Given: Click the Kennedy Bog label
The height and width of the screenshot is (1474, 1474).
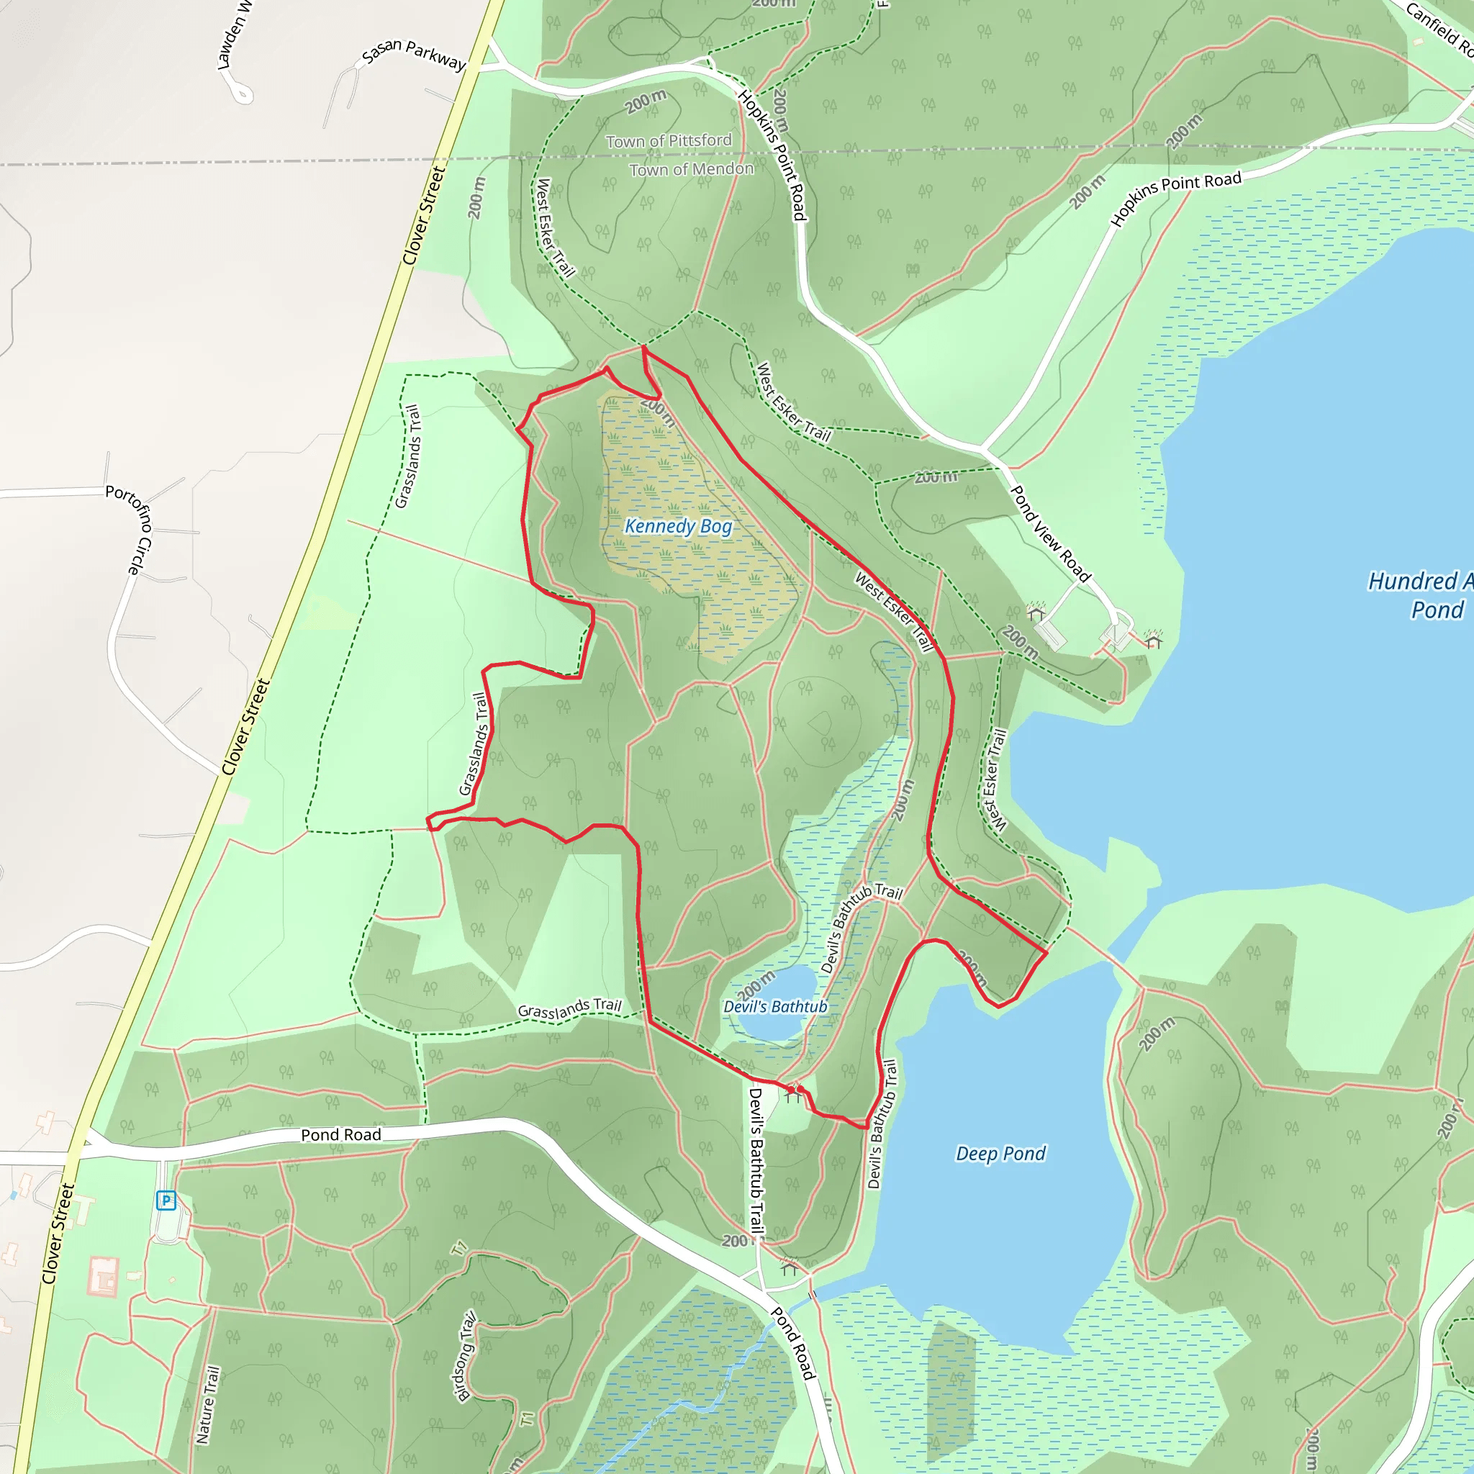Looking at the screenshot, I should (x=678, y=526).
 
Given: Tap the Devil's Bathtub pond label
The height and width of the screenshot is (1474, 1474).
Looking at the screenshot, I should (x=775, y=1007).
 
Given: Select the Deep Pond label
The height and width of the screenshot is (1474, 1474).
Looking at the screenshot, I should (x=1000, y=1154).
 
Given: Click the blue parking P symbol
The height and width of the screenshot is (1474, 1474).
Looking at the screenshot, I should (x=166, y=1201).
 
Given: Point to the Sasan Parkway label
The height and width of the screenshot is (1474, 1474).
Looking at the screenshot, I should (x=414, y=55).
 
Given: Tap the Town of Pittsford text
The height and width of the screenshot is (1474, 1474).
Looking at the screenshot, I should (x=669, y=141).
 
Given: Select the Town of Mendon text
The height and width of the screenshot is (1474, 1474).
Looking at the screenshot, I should (x=691, y=169).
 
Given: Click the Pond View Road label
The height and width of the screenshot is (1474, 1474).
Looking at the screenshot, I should (x=1050, y=534).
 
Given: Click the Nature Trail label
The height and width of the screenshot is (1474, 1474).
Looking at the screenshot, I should (x=207, y=1406).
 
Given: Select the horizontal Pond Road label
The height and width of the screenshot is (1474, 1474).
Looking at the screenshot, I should (x=341, y=1135).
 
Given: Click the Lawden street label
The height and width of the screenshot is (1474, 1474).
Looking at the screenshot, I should (x=232, y=35).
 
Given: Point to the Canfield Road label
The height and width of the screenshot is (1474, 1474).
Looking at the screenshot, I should (x=1438, y=29).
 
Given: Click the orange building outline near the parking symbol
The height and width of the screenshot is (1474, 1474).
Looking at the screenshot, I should (x=102, y=1276).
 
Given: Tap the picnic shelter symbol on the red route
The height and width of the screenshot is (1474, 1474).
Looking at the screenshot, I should (x=795, y=1093).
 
